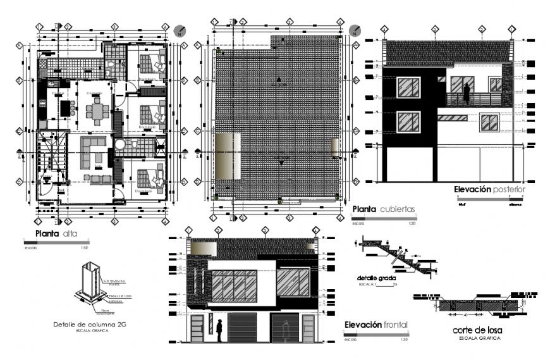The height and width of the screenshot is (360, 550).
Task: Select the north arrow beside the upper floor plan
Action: (x=180, y=30)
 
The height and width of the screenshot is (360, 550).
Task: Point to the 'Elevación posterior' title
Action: (x=489, y=189)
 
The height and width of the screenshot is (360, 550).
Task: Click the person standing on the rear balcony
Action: (x=467, y=92)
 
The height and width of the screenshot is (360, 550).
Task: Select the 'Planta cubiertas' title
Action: (x=384, y=208)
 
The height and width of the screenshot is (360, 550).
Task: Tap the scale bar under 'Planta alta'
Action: (x=56, y=241)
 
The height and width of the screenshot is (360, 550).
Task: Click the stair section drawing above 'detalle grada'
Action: (x=395, y=256)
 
